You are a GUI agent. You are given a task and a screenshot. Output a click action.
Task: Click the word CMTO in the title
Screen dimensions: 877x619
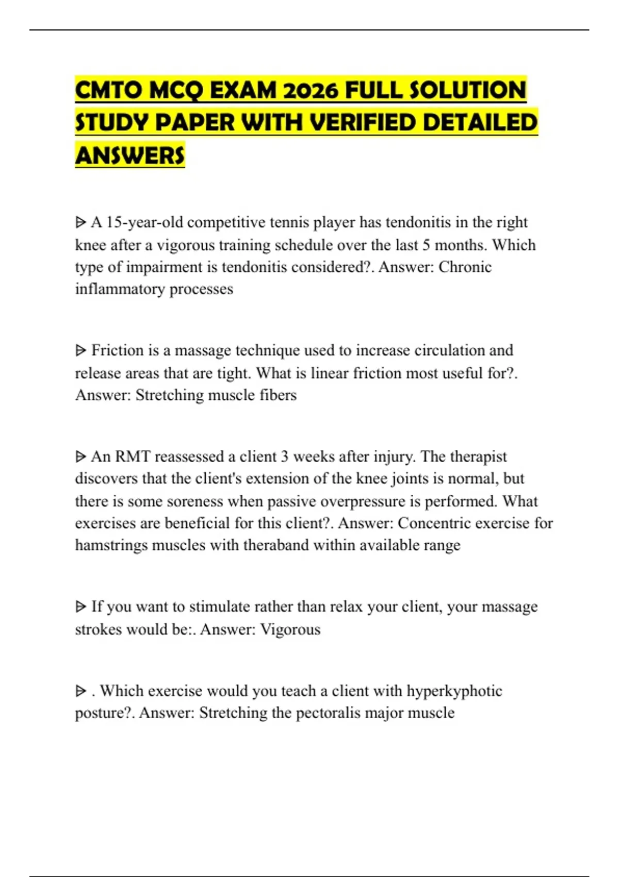point(108,90)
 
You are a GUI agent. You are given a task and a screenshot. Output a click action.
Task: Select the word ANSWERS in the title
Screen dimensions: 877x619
point(130,155)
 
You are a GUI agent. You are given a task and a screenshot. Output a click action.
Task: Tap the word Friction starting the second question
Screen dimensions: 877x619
point(118,350)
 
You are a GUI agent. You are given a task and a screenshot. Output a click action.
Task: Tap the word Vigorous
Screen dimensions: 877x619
point(290,629)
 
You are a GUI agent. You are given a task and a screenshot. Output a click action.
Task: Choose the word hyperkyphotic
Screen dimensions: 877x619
point(454,691)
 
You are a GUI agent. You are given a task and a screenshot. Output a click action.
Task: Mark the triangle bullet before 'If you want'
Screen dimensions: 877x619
point(80,607)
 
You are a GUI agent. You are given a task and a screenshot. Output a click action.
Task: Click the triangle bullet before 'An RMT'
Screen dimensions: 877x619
point(80,457)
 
